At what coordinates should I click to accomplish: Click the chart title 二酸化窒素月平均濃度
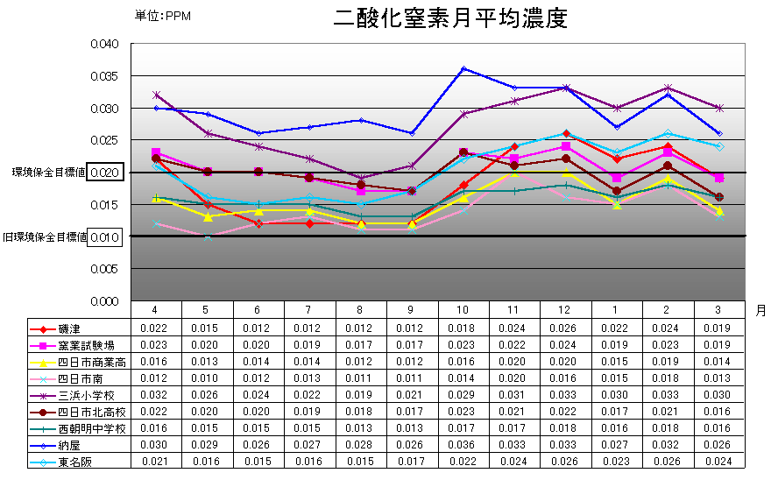(x=451, y=19)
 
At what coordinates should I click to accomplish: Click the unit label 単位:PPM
(x=163, y=16)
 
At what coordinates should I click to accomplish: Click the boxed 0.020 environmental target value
(x=104, y=173)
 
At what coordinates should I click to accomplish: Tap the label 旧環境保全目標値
(x=44, y=237)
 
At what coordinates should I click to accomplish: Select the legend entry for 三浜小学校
(x=83, y=395)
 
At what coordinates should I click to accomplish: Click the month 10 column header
(x=463, y=309)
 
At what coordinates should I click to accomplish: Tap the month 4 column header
(x=156, y=309)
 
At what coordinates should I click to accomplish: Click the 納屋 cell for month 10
(x=463, y=445)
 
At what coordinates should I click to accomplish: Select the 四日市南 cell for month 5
(x=207, y=378)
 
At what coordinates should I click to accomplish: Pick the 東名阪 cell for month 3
(x=719, y=462)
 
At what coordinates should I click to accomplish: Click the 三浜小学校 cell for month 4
(x=156, y=395)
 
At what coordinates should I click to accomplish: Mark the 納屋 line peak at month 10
(x=463, y=68)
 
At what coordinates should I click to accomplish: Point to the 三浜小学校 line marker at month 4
(x=156, y=95)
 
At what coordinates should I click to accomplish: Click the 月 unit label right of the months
(x=759, y=310)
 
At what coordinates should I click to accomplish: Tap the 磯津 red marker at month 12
(x=566, y=133)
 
